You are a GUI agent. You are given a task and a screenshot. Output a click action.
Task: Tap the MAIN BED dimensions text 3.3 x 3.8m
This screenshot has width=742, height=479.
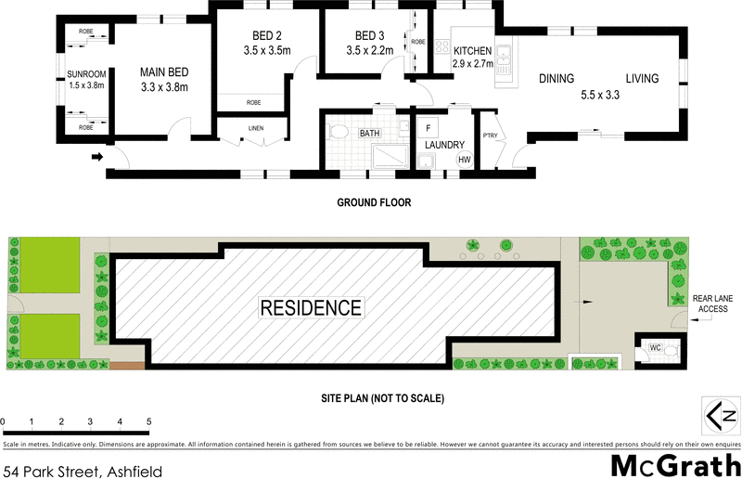pos(164,88)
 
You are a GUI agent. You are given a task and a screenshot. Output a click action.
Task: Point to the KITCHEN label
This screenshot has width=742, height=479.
pos(471,52)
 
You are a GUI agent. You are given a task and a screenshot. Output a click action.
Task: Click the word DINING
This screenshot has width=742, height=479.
pos(556,79)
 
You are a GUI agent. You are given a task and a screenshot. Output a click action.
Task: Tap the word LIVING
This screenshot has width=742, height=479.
pos(641,79)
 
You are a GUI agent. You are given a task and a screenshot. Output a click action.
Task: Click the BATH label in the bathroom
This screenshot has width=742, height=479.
pos(369,134)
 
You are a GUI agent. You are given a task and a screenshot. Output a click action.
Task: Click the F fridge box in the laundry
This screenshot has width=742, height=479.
pos(428,127)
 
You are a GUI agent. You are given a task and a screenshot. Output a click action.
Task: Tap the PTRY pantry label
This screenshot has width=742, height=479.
pos(490,136)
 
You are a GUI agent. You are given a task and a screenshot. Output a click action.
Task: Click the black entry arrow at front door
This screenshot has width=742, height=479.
pos(96,157)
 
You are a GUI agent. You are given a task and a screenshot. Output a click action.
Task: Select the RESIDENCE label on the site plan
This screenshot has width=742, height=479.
pos(311,307)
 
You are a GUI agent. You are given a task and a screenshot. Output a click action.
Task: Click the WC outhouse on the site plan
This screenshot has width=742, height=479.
pos(654,349)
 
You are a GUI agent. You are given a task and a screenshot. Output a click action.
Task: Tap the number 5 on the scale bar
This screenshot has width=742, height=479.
pos(148,422)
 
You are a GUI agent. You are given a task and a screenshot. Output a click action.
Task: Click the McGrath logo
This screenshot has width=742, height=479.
pos(674,463)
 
